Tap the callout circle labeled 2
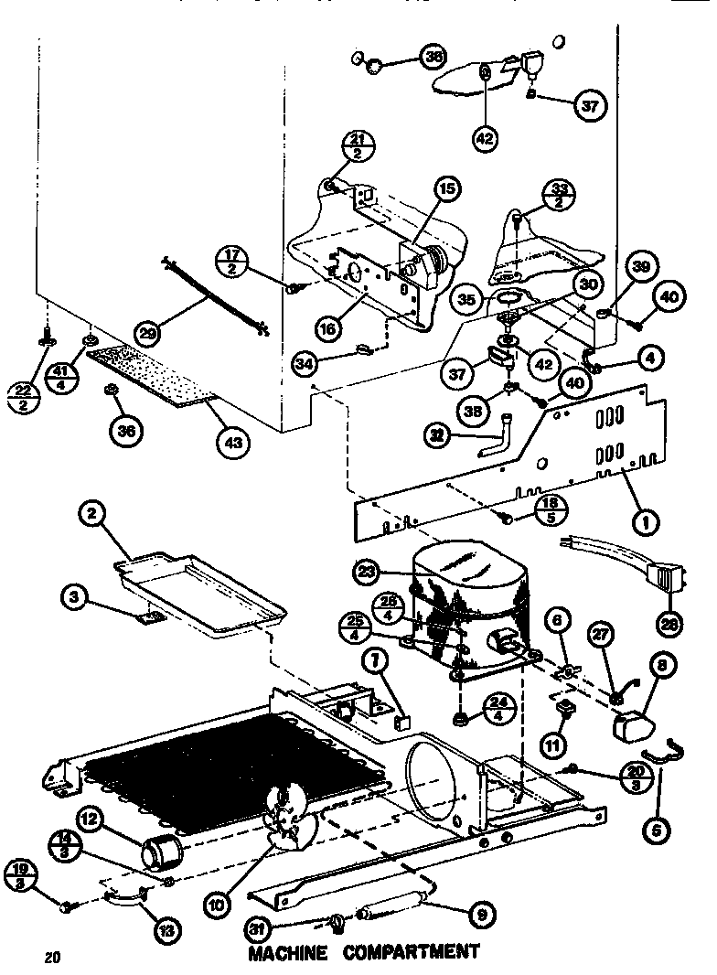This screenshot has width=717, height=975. [91, 516]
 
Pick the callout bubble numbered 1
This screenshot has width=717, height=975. [646, 523]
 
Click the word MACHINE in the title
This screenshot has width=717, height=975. [288, 953]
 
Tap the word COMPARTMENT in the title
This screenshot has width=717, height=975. [412, 952]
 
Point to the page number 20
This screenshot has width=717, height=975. [51, 959]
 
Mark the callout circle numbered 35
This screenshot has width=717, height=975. [468, 299]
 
